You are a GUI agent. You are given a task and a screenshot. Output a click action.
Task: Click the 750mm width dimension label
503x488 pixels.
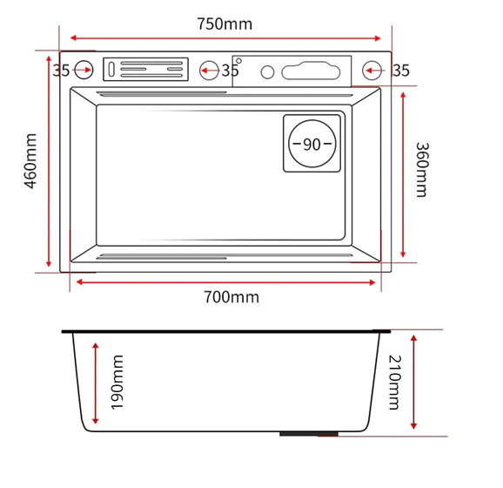click(225, 24)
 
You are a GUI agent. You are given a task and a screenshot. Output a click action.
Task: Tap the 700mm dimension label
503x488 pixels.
click(231, 297)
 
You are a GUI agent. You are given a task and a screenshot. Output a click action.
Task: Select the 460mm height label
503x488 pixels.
click(30, 161)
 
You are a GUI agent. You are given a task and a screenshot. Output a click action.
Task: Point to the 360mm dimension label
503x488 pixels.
click(422, 170)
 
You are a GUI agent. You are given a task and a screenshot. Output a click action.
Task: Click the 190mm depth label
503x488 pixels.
click(117, 383)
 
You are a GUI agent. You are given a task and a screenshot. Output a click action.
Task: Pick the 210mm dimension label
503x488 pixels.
click(394, 383)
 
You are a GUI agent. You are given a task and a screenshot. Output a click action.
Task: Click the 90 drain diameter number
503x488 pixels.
click(312, 145)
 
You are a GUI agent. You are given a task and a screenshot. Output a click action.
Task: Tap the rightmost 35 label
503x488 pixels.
click(401, 71)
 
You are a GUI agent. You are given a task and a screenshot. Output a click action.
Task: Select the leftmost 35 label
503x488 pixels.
click(61, 71)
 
